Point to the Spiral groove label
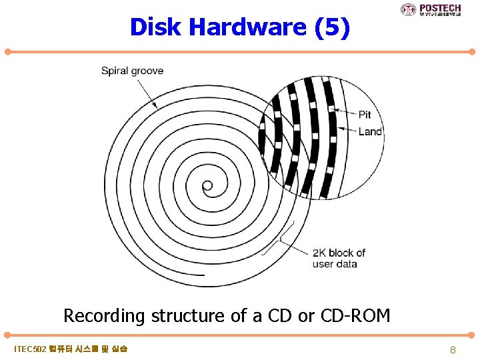pyautogui.click(x=132, y=71)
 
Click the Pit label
pyautogui.click(x=365, y=115)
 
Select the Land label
pyautogui.click(x=370, y=131)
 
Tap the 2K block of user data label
pyautogui.click(x=339, y=258)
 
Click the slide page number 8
pyautogui.click(x=452, y=349)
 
